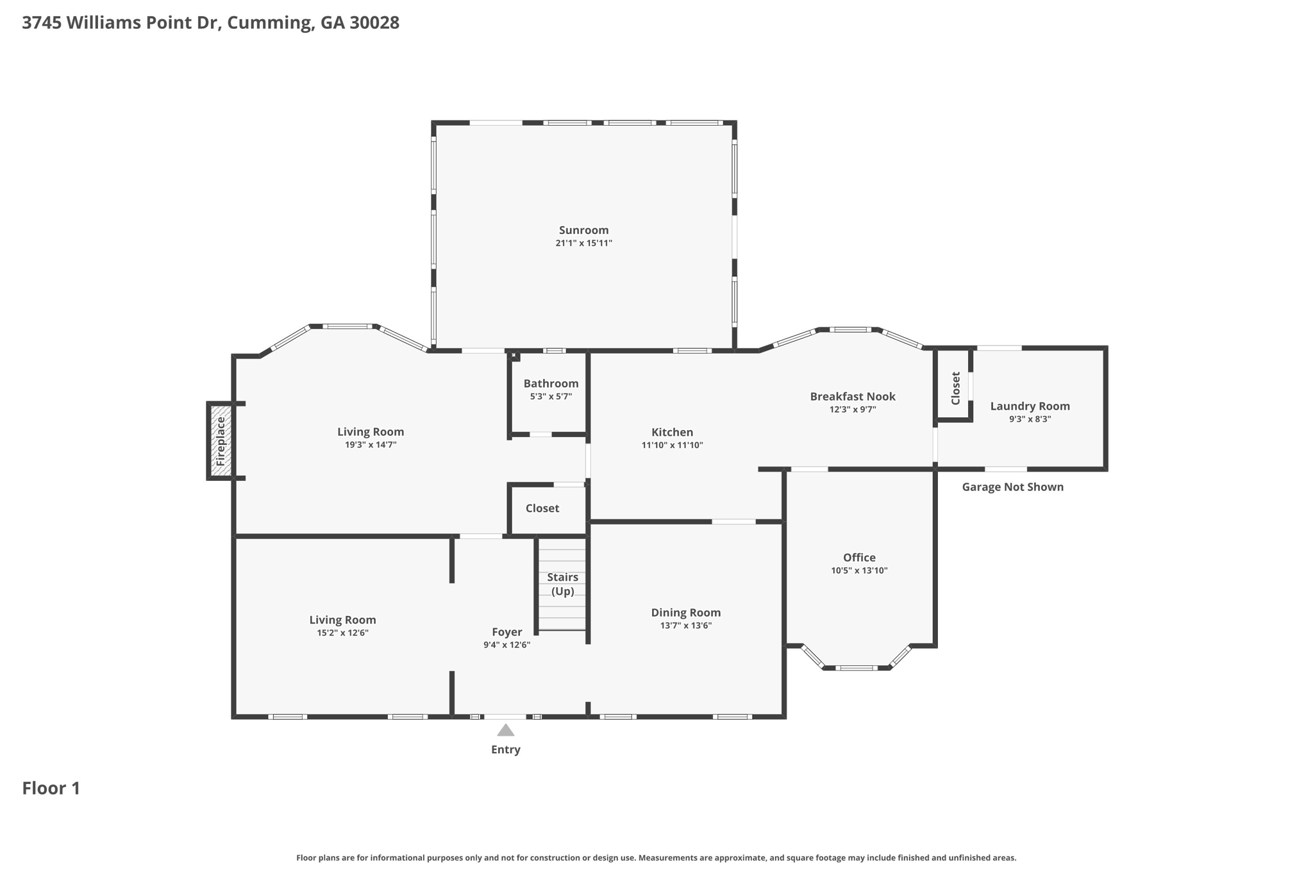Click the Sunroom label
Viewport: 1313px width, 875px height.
coord(583,230)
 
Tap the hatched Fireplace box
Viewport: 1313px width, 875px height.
coord(220,441)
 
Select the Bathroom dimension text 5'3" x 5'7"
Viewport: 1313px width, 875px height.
coord(551,397)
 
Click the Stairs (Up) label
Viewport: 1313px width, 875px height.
coord(562,584)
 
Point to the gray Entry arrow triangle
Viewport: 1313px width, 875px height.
coord(506,730)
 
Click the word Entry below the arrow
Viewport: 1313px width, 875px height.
coord(506,749)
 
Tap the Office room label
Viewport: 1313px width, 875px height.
coord(859,558)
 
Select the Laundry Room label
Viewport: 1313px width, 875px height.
coord(1030,406)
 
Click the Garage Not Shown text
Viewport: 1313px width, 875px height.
coord(1012,487)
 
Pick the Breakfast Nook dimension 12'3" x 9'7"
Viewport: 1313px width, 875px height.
coord(852,410)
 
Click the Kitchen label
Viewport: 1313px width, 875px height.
coord(672,432)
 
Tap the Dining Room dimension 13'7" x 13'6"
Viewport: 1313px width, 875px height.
coord(685,626)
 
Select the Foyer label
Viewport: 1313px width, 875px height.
coord(506,632)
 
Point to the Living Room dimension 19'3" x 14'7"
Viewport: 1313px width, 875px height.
coord(371,445)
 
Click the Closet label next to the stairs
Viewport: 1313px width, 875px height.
coord(542,508)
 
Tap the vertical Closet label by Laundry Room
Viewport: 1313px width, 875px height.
coord(955,388)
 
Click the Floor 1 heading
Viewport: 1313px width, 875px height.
coord(51,788)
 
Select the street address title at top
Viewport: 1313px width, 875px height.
coord(210,22)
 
